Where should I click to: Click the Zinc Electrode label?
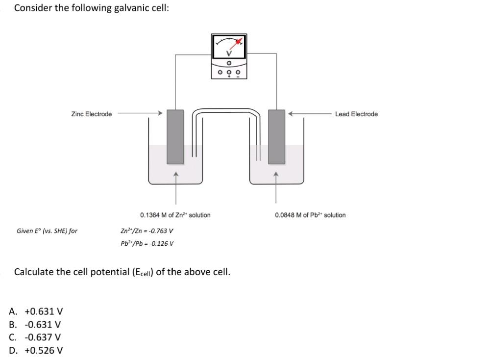pos(91,114)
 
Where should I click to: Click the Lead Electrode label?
pos(356,114)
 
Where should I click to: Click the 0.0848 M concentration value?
pos(287,215)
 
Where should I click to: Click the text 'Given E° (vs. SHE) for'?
pos(47,231)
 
